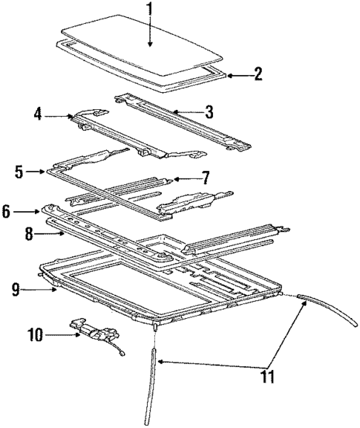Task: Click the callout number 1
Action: [148, 11]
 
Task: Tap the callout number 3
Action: [209, 113]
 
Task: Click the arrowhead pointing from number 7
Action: [174, 179]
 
